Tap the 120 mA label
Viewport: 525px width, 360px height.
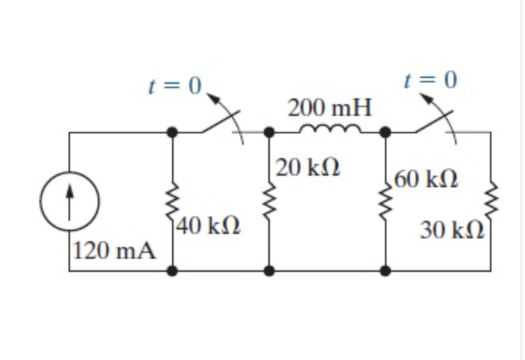pyautogui.click(x=114, y=251)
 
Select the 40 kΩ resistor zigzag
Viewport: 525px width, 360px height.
pyautogui.click(x=173, y=202)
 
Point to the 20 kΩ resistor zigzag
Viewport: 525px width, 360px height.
pyautogui.click(x=270, y=202)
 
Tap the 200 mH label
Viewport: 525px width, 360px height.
pyautogui.click(x=330, y=109)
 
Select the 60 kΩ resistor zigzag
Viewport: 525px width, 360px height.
pyautogui.click(x=385, y=202)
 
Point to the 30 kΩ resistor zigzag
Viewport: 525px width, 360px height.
pyautogui.click(x=491, y=202)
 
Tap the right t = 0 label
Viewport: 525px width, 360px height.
pyautogui.click(x=430, y=79)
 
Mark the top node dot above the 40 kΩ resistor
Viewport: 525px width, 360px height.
pyautogui.click(x=173, y=132)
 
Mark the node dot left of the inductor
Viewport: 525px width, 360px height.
pyautogui.click(x=269, y=132)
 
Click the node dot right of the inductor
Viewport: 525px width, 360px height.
pyautogui.click(x=385, y=132)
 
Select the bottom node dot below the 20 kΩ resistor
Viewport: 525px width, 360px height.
pyautogui.click(x=270, y=271)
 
